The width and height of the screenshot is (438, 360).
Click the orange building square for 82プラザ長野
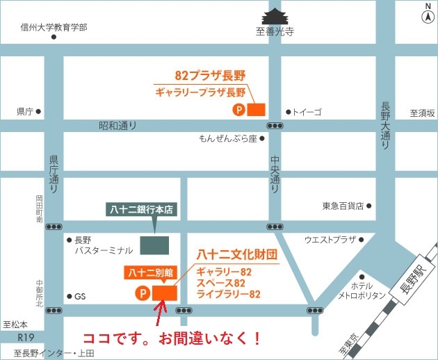pos(257,109)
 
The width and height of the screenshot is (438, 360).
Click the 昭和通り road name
pos(117,126)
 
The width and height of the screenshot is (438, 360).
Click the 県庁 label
pos(25,111)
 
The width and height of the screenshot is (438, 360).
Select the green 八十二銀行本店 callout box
pos(143,208)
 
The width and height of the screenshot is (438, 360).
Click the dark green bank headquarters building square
pos(154,245)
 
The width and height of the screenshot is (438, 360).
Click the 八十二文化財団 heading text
pos(237,254)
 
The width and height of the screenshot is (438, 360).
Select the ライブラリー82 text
pos(228,295)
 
